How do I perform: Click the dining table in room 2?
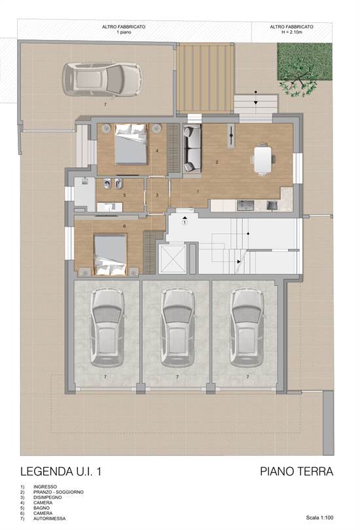coord(262,159)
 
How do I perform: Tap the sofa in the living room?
coord(192,148)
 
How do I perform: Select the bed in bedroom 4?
coord(131,144)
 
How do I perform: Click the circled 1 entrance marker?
coord(185,222)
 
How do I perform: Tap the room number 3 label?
coord(157,195)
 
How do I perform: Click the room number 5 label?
coord(124,195)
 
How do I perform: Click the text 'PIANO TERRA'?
coord(296,471)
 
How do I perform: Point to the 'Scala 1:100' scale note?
coord(319,518)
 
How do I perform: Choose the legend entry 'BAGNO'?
coord(41,508)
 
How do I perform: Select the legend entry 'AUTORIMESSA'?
coord(49,518)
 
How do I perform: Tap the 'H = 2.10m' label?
coord(291,32)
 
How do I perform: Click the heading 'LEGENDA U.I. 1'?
coord(61,471)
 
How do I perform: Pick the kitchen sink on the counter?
coord(245,205)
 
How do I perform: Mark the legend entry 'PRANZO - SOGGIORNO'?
coord(58,492)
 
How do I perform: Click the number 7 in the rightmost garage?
coord(247,377)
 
